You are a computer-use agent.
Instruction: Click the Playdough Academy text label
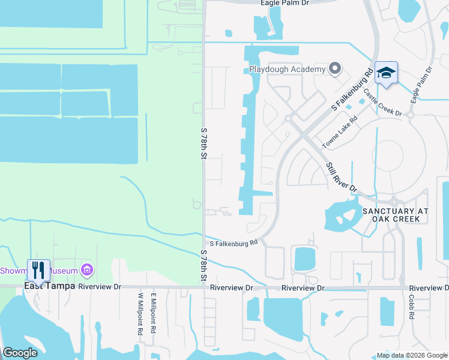click(287, 69)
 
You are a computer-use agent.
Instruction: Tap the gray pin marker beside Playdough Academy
click(335, 69)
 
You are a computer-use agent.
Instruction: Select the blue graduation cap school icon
click(386, 73)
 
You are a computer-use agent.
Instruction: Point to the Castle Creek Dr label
click(382, 102)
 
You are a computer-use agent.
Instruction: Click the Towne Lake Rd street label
click(339, 132)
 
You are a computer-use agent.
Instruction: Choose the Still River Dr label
click(342, 177)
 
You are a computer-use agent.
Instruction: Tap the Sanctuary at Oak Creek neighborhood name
click(396, 215)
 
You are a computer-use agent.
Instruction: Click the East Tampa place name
click(49, 286)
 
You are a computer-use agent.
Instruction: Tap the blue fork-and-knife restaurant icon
click(38, 270)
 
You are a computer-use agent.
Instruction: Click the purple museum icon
click(87, 271)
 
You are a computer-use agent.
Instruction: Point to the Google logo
click(20, 353)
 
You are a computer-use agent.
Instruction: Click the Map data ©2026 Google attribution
click(412, 355)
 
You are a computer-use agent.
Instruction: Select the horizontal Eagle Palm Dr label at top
click(285, 3)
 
